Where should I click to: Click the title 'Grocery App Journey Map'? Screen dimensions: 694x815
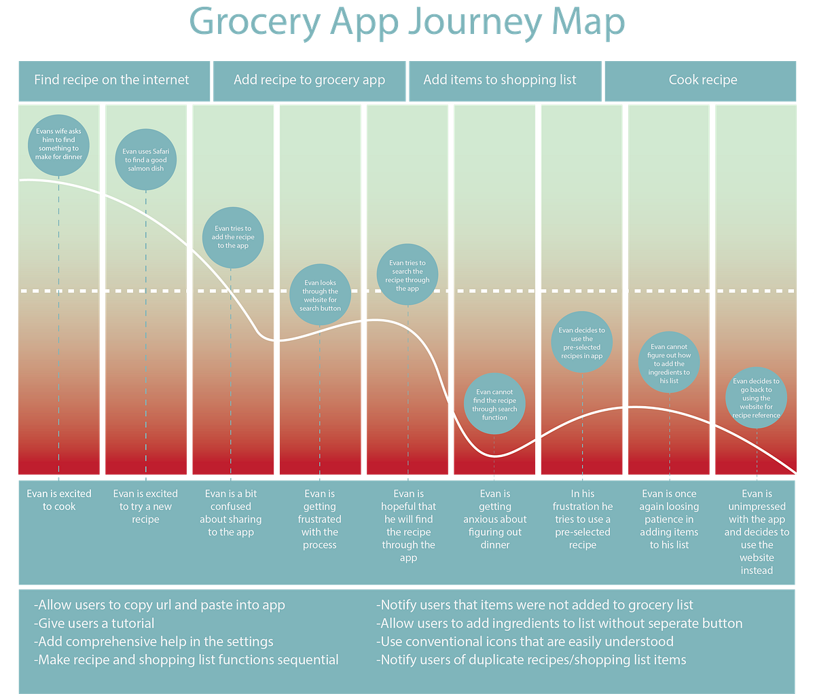point(407,22)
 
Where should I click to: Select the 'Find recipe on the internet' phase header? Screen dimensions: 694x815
point(112,80)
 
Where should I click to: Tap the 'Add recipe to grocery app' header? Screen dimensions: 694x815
point(309,80)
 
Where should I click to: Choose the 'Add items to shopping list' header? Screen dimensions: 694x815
point(500,80)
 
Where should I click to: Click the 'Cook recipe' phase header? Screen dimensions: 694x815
point(703,80)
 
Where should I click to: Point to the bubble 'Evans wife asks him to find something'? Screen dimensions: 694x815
point(59,144)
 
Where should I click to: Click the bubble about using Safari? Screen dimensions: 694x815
point(146,160)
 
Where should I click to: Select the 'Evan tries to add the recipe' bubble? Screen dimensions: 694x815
point(233,237)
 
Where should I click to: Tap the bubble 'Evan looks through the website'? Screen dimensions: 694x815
point(321,295)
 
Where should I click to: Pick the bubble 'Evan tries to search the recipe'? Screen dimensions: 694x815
point(407,275)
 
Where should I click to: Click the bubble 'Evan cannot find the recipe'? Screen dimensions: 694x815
point(494,404)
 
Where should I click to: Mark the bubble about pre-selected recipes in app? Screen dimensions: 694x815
point(582,342)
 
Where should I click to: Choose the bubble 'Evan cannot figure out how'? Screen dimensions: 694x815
point(669,363)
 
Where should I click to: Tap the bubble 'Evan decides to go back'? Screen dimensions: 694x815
point(756,398)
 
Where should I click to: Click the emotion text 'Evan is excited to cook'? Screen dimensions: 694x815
point(59,500)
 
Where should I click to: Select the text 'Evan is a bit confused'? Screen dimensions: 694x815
point(231,513)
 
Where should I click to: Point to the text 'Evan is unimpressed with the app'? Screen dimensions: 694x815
point(757,532)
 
